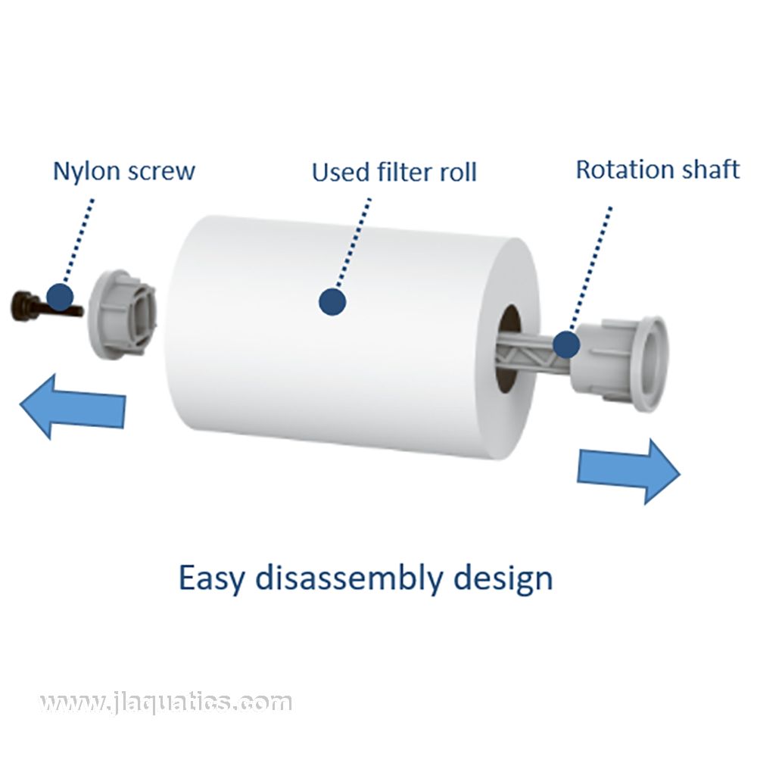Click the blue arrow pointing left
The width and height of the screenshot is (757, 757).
click(x=72, y=406)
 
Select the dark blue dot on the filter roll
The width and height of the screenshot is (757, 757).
click(x=332, y=301)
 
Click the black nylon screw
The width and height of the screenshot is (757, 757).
click(x=30, y=306)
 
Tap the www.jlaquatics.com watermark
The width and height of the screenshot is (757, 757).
click(x=166, y=703)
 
